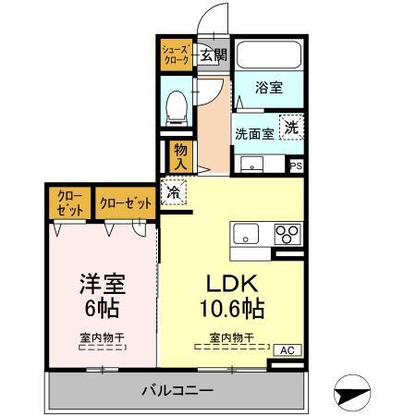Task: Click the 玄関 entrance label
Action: (x=212, y=54)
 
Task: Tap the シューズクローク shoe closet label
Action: (x=176, y=54)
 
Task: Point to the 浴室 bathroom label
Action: (x=268, y=90)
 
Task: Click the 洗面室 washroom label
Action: (x=253, y=132)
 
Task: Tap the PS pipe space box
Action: (x=297, y=165)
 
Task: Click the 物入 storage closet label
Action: (x=180, y=154)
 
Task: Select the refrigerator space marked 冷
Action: (x=173, y=193)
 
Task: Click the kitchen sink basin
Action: (x=247, y=231)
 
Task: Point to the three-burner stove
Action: (x=287, y=232)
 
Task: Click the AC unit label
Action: (x=287, y=350)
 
